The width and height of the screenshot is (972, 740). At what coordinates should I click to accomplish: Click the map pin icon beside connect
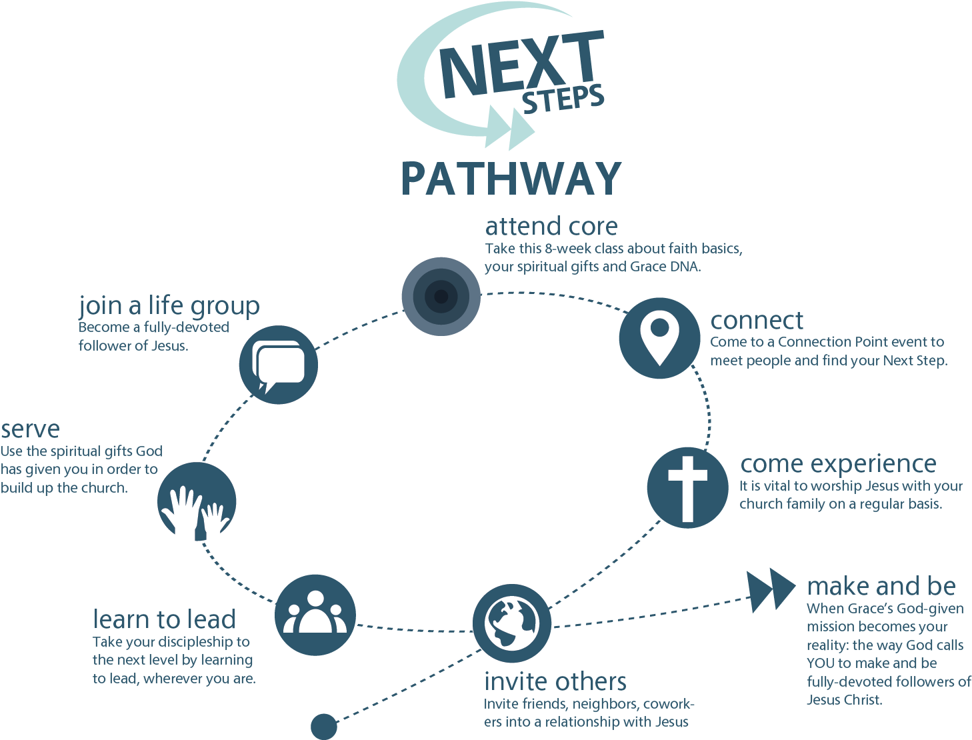[659, 338]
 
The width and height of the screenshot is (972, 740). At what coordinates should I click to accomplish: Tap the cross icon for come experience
[687, 488]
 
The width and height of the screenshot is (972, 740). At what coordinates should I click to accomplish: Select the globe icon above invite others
[511, 624]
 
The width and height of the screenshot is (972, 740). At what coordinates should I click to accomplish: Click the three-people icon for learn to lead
[315, 615]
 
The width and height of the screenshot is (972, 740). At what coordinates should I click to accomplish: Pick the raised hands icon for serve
[197, 502]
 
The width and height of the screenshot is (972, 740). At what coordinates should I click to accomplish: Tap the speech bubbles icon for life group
[278, 365]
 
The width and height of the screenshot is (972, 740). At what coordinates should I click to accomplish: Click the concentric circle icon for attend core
[441, 296]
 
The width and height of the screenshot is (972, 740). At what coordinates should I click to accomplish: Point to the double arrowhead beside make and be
[771, 589]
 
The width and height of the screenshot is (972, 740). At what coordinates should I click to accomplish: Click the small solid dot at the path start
[325, 726]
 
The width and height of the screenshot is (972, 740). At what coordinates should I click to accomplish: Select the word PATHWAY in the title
[511, 178]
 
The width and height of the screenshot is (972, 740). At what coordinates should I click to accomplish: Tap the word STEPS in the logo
[563, 101]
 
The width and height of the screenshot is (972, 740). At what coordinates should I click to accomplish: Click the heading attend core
[551, 227]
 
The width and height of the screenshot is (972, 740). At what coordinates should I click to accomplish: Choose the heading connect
[757, 321]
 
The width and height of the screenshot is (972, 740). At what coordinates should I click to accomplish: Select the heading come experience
[838, 463]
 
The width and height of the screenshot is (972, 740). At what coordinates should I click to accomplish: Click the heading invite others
[555, 681]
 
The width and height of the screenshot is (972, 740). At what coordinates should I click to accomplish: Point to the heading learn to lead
[164, 619]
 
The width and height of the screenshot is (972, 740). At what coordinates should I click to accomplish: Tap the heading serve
[30, 429]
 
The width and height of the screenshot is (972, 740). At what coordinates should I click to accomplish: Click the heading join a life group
[169, 305]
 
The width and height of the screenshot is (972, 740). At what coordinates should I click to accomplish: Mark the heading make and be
[881, 586]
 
